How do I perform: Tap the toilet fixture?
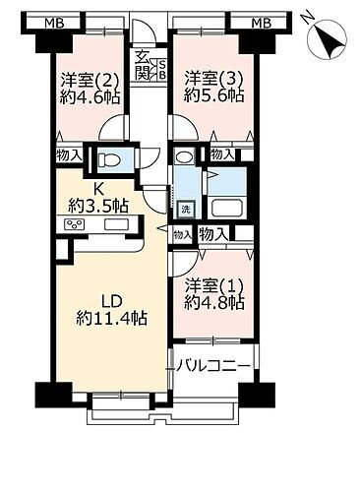pos(110,159)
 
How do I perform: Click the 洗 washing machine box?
pos(185,210)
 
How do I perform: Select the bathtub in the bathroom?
pos(226,210)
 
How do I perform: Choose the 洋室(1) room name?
pos(214,285)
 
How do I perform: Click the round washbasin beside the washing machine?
pos(183,157)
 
